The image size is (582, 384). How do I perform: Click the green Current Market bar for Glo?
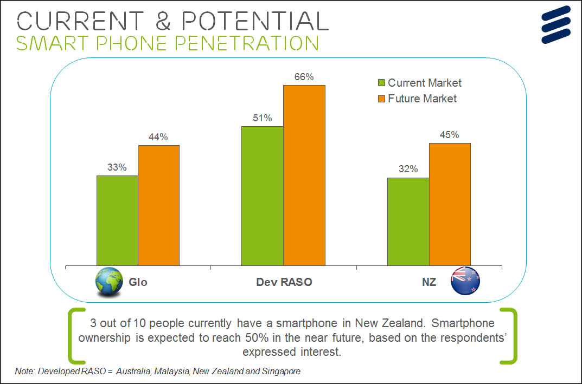pyautogui.click(x=117, y=220)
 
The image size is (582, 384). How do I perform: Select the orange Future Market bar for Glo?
pyautogui.click(x=158, y=205)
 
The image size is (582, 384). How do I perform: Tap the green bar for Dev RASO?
pyautogui.click(x=263, y=196)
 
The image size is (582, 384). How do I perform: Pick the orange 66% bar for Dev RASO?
pyautogui.click(x=304, y=175)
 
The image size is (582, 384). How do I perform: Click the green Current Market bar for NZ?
pyautogui.click(x=408, y=222)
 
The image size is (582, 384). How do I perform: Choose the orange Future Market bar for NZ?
pyautogui.click(x=450, y=204)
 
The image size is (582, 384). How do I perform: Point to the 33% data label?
pyautogui.click(x=117, y=168)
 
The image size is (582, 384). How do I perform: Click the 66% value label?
pyautogui.click(x=304, y=77)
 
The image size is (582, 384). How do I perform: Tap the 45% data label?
pyautogui.click(x=449, y=135)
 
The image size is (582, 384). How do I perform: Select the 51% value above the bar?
pyautogui.click(x=262, y=118)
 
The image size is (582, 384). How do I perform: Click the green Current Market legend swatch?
pyautogui.click(x=381, y=83)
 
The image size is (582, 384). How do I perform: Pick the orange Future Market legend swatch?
pyautogui.click(x=381, y=99)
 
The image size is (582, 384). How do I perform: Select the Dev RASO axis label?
pyautogui.click(x=284, y=282)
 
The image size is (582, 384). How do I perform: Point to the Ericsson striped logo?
pyautogui.click(x=556, y=24)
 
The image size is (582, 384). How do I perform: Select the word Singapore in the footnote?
pyautogui.click(x=281, y=372)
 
